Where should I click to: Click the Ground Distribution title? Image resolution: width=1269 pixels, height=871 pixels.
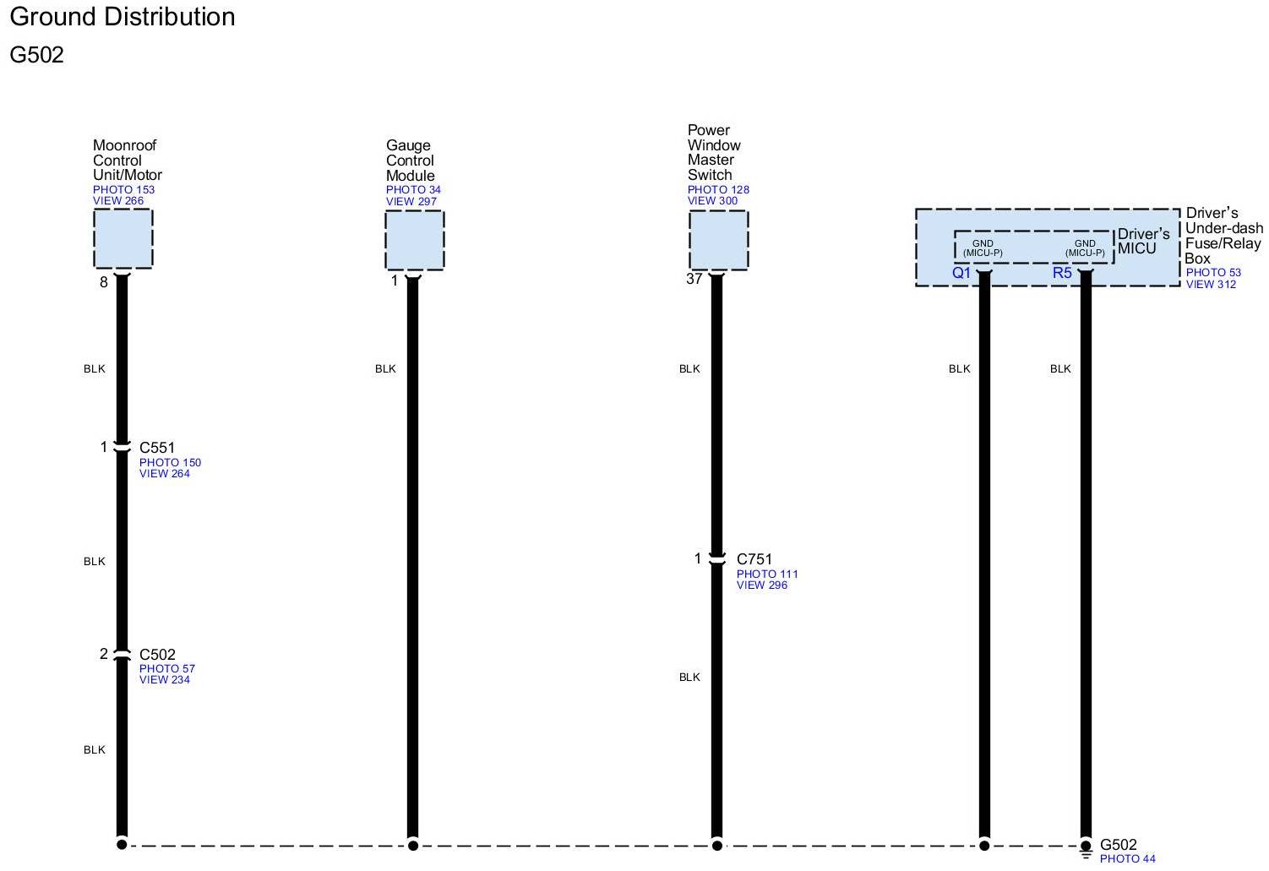(x=123, y=17)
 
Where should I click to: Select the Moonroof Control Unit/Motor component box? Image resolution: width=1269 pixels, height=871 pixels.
(x=123, y=239)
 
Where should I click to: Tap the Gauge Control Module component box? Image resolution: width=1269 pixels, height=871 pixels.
(x=414, y=240)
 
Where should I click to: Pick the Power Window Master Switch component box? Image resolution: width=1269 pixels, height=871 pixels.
(x=718, y=240)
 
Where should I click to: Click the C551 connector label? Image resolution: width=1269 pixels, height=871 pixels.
(x=157, y=448)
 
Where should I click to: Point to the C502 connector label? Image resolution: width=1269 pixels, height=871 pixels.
(x=157, y=655)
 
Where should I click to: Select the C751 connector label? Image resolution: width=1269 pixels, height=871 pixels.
(x=754, y=559)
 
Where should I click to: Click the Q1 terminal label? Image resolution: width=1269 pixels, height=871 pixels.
(x=961, y=273)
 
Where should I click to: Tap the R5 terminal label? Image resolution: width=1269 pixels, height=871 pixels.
(x=1062, y=273)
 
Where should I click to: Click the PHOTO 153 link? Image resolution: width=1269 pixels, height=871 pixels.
(x=123, y=190)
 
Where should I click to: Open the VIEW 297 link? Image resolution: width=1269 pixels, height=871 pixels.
(x=411, y=202)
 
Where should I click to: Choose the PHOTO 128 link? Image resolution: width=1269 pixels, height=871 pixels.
(x=718, y=190)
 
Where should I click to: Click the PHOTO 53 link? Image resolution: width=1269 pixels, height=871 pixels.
(x=1213, y=273)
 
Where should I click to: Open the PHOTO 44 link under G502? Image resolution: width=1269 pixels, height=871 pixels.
(x=1127, y=859)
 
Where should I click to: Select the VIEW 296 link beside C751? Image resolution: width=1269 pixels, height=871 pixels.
(x=761, y=585)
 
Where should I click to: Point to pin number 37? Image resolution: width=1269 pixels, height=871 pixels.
(x=694, y=280)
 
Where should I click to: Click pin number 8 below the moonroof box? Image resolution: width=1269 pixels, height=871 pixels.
(x=104, y=283)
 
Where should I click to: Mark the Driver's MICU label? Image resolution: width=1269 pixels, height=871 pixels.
(x=1143, y=241)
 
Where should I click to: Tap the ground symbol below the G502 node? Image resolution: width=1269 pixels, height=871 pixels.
(x=1086, y=856)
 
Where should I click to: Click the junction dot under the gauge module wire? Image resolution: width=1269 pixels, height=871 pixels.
(x=413, y=845)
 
